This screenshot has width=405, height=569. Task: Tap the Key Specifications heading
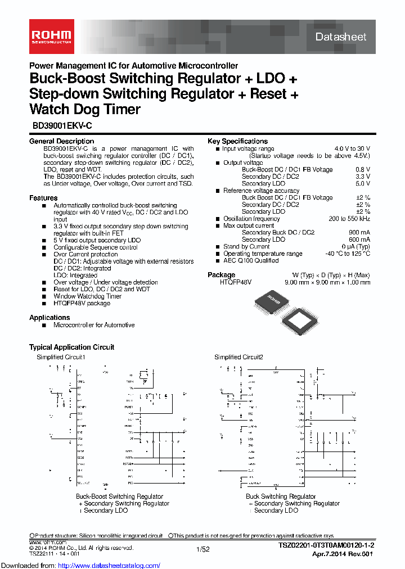coord(237,141)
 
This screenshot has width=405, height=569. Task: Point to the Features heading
coord(43,198)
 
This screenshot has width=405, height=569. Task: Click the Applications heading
coord(49,318)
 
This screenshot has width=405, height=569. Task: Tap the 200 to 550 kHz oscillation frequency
coord(349,219)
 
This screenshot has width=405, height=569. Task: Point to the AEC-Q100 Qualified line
coord(251,261)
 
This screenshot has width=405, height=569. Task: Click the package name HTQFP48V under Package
coord(236,282)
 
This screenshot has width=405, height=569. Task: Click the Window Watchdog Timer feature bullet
coord(87,296)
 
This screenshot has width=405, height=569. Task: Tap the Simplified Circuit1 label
coord(61,357)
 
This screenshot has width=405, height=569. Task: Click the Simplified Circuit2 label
coord(238,357)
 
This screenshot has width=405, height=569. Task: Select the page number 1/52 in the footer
coord(202,549)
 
